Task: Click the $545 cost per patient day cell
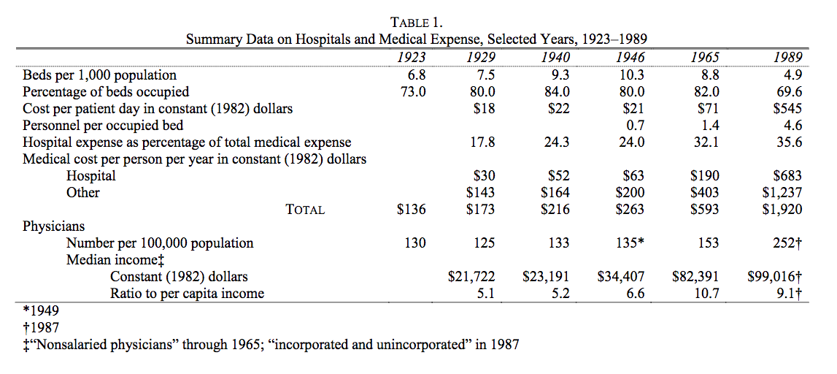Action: tap(787, 108)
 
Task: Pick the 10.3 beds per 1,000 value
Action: tap(631, 75)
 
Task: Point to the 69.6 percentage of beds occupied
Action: tap(790, 91)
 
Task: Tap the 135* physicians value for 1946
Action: tap(630, 243)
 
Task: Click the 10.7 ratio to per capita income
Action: tap(707, 294)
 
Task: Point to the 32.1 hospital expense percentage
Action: tap(707, 142)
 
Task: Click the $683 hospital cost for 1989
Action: tap(787, 176)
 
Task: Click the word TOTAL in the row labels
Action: tap(305, 210)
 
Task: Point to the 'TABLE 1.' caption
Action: tap(417, 23)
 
